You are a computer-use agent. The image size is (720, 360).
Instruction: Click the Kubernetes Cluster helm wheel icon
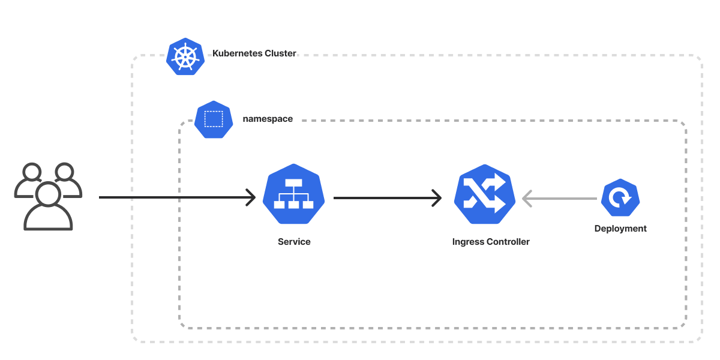pyautogui.click(x=185, y=56)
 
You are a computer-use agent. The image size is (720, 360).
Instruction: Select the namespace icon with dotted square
pyautogui.click(x=214, y=119)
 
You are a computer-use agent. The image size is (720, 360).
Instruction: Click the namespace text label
pyautogui.click(x=268, y=119)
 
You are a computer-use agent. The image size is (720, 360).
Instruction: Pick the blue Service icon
pyautogui.click(x=293, y=194)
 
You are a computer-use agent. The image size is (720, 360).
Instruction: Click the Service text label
pyautogui.click(x=294, y=242)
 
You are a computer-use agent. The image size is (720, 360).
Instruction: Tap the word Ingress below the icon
pyautogui.click(x=468, y=242)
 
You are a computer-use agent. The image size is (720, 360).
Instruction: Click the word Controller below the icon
pyautogui.click(x=508, y=242)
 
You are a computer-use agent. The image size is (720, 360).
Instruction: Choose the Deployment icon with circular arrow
pyautogui.click(x=620, y=197)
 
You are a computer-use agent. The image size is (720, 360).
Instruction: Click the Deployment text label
pyautogui.click(x=620, y=229)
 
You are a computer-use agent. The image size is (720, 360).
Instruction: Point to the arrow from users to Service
pyautogui.click(x=174, y=197)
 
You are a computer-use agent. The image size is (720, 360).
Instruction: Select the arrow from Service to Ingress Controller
pyautogui.click(x=384, y=197)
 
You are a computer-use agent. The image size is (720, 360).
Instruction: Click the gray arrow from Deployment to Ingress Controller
pyautogui.click(x=561, y=198)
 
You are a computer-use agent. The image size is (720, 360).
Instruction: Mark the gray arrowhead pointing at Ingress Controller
pyautogui.click(x=527, y=198)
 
